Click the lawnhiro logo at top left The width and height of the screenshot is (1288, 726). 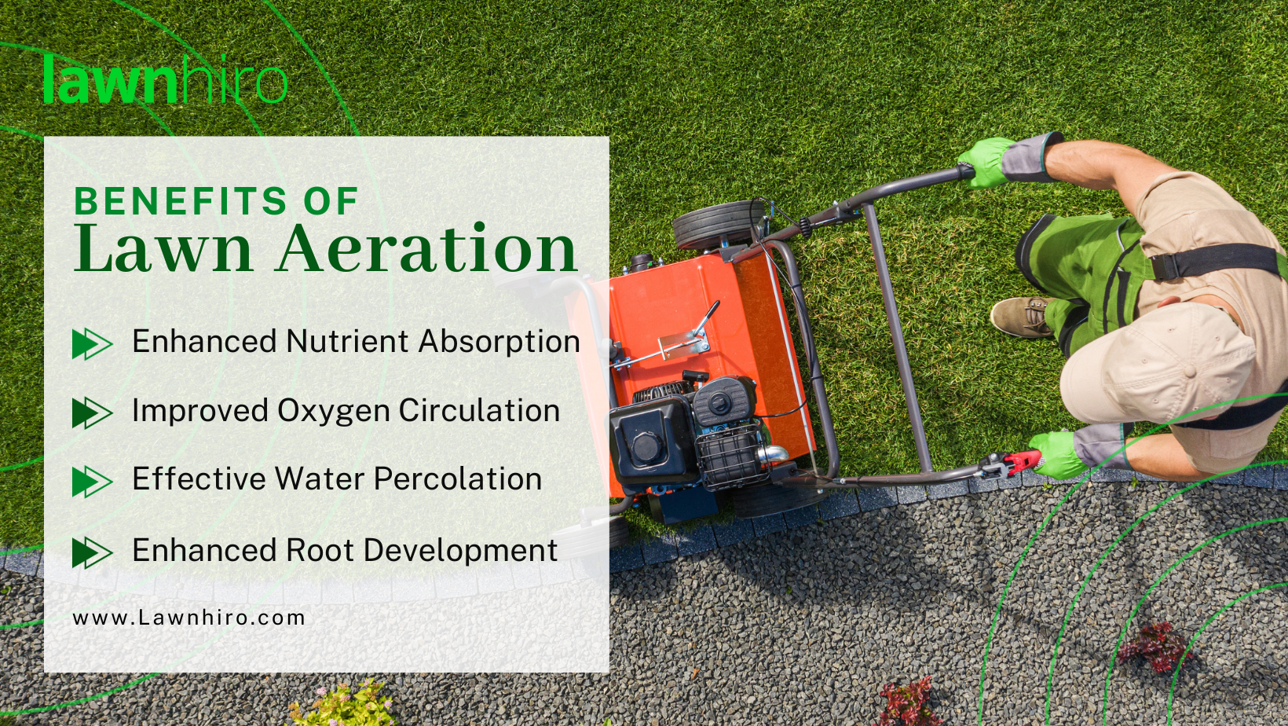point(165,79)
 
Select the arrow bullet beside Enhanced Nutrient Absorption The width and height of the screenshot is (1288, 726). point(92,344)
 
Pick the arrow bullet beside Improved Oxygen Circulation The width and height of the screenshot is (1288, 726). point(92,412)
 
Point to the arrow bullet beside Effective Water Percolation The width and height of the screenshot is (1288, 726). point(92,482)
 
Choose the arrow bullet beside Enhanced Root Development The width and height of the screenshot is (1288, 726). point(92,552)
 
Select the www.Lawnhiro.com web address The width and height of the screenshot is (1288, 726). point(188,618)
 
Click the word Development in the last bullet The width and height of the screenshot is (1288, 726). point(460,551)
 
